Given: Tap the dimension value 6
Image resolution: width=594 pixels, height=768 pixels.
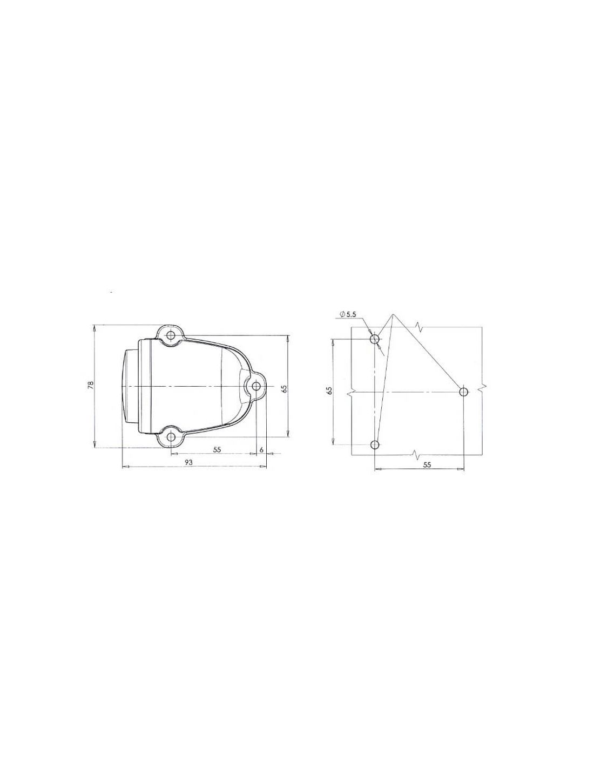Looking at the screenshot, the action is pyautogui.click(x=261, y=449).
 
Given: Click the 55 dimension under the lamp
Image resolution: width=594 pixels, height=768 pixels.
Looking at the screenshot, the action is pyautogui.click(x=217, y=449).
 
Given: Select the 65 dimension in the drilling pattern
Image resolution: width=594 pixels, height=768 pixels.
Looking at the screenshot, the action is pyautogui.click(x=329, y=390).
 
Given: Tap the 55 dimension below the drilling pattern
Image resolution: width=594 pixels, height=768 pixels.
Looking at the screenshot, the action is pyautogui.click(x=427, y=465).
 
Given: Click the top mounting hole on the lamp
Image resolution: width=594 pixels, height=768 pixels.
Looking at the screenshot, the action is pyautogui.click(x=171, y=335).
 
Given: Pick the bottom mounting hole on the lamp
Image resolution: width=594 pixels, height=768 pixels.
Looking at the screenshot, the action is pyautogui.click(x=171, y=437).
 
